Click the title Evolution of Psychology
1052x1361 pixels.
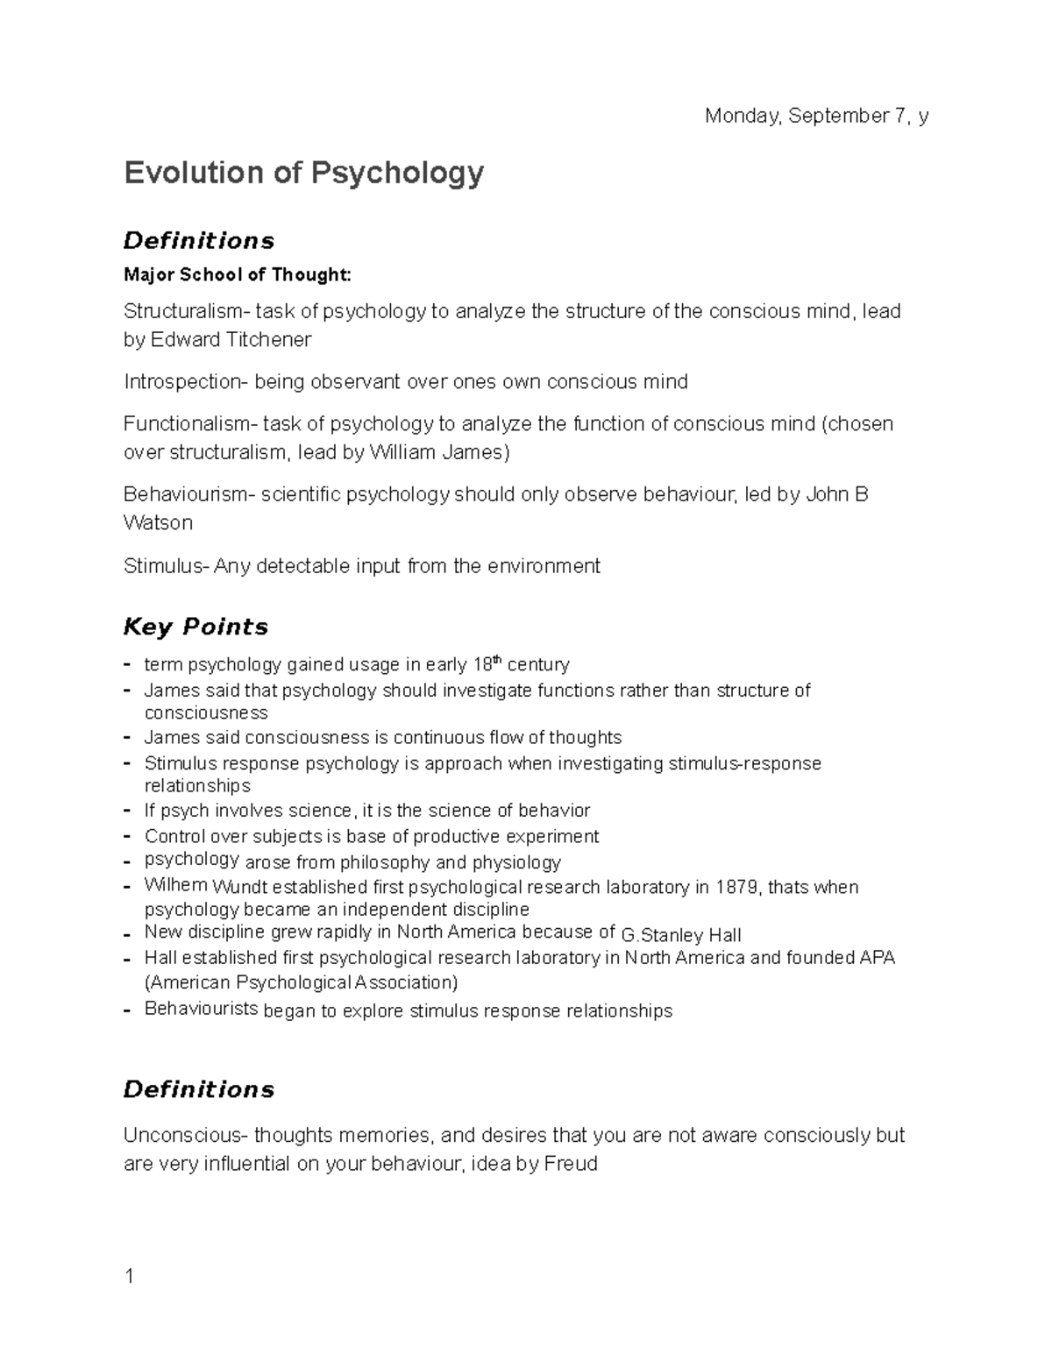(303, 173)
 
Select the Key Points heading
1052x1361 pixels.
(195, 627)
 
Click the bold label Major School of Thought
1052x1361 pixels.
(237, 275)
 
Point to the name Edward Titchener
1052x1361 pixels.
(231, 339)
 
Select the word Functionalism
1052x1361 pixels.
(187, 424)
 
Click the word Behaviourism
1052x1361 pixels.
(186, 495)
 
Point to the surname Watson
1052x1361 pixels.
(158, 523)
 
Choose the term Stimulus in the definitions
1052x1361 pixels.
(163, 566)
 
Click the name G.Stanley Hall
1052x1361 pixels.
(680, 935)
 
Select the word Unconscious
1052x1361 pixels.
(185, 1136)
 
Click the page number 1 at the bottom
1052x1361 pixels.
(129, 1276)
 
